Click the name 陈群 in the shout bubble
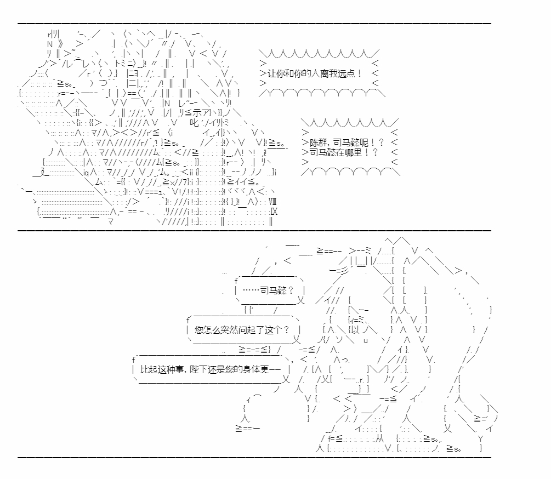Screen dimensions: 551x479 (x=319, y=143)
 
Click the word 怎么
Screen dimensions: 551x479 (x=212, y=330)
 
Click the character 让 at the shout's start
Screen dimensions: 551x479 (x=272, y=74)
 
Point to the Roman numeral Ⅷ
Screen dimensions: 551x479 (x=272, y=202)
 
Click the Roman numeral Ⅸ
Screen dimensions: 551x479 (x=274, y=212)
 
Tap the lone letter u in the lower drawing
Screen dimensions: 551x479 (x=366, y=341)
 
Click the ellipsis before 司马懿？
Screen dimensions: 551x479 (x=251, y=290)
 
